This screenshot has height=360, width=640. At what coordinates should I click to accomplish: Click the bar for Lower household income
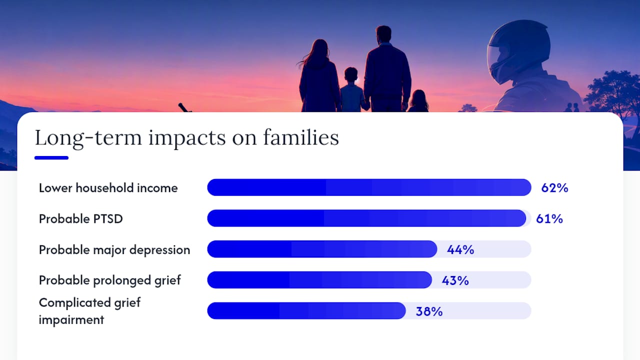coord(369,187)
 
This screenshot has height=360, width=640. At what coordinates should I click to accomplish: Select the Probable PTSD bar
coord(366,218)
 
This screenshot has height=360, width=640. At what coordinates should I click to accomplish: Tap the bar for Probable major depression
coord(322,249)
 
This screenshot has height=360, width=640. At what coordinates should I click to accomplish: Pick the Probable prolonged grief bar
coord(319,280)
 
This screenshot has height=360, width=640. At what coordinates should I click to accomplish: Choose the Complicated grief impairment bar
coord(306,311)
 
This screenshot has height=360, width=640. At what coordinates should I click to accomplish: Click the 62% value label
coord(554,188)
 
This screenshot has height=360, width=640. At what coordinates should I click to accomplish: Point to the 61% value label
coord(549,219)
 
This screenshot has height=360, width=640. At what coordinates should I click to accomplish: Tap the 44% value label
coord(460,249)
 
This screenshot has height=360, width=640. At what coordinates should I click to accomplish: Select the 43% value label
coord(455,280)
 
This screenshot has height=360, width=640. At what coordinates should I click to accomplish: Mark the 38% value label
coord(429,311)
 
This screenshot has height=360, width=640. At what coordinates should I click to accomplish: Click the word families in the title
coord(301,137)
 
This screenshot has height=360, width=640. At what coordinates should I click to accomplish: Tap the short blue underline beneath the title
coord(51,157)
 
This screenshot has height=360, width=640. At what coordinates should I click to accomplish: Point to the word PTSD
coord(104,219)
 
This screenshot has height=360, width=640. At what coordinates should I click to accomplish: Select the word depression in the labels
coord(159,250)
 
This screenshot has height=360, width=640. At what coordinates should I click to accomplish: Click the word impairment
coord(71,320)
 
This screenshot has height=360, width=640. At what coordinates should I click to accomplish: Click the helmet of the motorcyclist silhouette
coord(518,51)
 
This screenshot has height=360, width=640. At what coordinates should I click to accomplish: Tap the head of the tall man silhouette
coord(383,34)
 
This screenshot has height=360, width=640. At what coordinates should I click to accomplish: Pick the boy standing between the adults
coord(352,89)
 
